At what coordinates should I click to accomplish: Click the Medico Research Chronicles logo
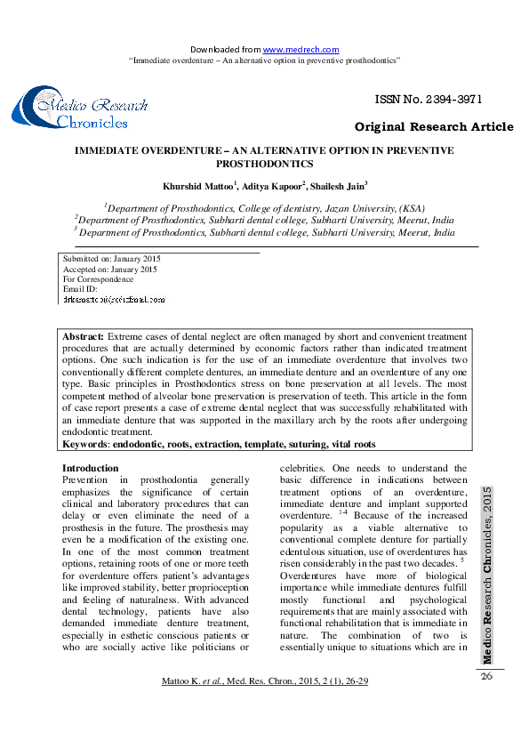[80, 109]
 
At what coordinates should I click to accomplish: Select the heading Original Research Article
[434, 127]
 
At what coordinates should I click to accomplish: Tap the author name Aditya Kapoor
[275, 186]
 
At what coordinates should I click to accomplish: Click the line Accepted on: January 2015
[109, 269]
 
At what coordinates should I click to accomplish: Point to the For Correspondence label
[98, 279]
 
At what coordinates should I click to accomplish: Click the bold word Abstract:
[83, 337]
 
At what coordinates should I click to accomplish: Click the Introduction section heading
[90, 468]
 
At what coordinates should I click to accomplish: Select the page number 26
[486, 677]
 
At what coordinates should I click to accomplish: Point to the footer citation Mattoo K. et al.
[190, 681]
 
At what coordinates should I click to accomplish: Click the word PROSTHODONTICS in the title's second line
[264, 165]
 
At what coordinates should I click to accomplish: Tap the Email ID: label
[80, 289]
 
